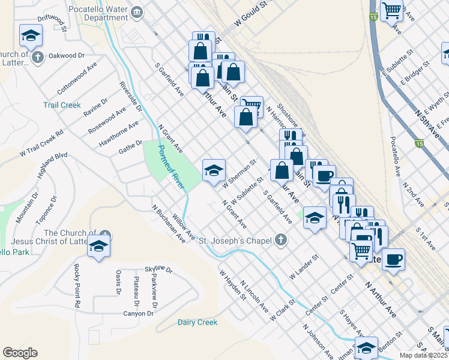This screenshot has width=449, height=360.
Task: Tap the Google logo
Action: click(20, 353)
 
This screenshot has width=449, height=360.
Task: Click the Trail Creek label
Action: click(62, 105)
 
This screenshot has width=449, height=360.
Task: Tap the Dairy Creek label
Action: click(197, 322)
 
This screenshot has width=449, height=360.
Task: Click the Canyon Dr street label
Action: click(139, 314)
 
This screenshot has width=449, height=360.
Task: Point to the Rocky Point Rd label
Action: click(77, 286)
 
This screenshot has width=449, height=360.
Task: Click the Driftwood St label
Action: click(51, 20)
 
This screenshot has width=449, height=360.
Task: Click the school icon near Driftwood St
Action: click(31, 37)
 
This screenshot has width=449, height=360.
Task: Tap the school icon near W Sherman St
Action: click(214, 171)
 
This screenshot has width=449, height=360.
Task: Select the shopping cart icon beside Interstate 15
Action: click(391, 10)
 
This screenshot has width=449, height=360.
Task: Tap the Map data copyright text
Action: click(423, 355)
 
